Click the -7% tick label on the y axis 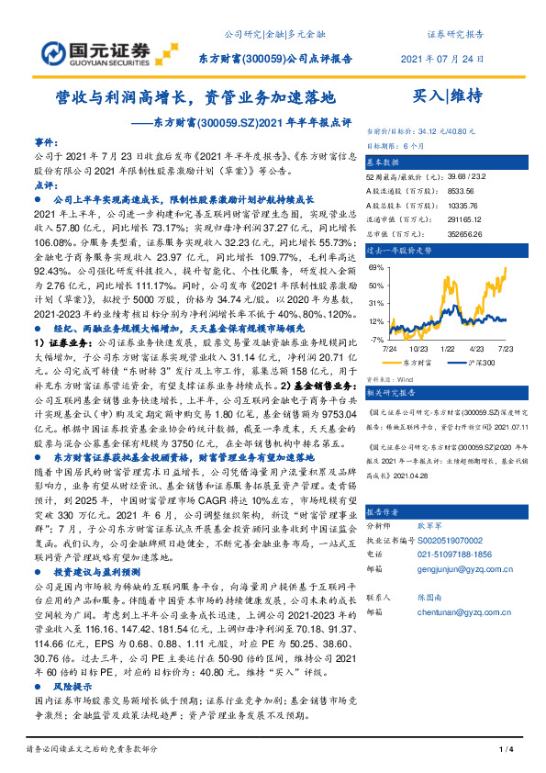click(x=377, y=339)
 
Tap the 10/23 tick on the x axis click(x=420, y=349)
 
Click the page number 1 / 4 click(x=504, y=751)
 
